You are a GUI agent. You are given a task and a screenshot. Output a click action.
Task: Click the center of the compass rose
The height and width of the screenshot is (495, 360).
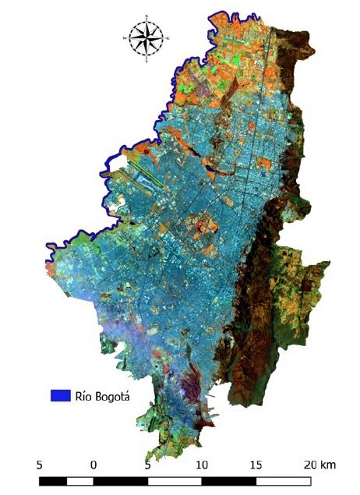(146, 37)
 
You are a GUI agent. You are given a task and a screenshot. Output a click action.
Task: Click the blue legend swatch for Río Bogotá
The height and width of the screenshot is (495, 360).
(60, 395)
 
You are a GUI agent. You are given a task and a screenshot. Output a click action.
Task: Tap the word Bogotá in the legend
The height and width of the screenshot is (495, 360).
(111, 396)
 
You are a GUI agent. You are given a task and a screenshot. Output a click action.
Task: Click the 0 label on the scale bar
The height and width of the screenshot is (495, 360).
(94, 465)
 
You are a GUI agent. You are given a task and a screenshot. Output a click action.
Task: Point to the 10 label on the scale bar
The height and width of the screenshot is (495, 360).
(202, 465)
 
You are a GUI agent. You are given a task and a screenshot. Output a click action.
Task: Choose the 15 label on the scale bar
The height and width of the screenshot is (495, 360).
(256, 465)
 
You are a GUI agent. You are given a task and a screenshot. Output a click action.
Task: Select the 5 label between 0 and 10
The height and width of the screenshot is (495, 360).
(148, 465)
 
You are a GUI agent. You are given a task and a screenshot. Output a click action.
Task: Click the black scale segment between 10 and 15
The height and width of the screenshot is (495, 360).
(228, 480)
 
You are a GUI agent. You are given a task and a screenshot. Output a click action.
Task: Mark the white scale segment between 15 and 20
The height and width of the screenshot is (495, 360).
(282, 480)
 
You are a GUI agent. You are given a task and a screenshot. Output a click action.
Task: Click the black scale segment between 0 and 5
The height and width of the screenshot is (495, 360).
(121, 480)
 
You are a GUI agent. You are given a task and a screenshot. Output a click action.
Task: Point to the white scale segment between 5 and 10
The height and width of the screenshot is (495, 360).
(175, 480)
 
